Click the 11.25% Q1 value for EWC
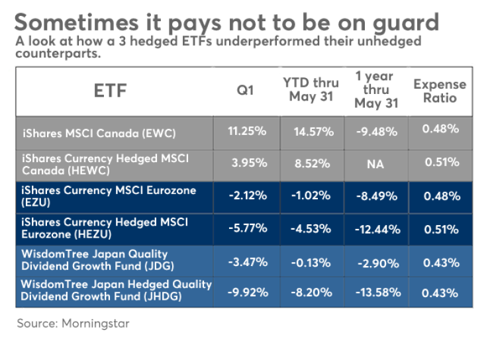(x=247, y=132)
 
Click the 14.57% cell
(x=313, y=132)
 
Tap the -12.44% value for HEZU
(x=376, y=229)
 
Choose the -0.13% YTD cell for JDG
(x=313, y=261)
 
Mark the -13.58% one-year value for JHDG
(x=376, y=292)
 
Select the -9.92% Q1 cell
(x=247, y=292)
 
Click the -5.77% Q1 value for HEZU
(x=247, y=229)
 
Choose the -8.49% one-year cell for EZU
(x=376, y=197)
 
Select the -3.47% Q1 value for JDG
(x=247, y=261)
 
